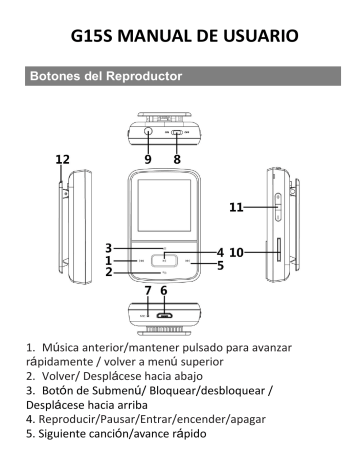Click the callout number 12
click(63, 158)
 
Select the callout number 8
click(176, 158)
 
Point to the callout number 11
click(237, 208)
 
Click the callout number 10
click(237, 253)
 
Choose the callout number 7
click(146, 291)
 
